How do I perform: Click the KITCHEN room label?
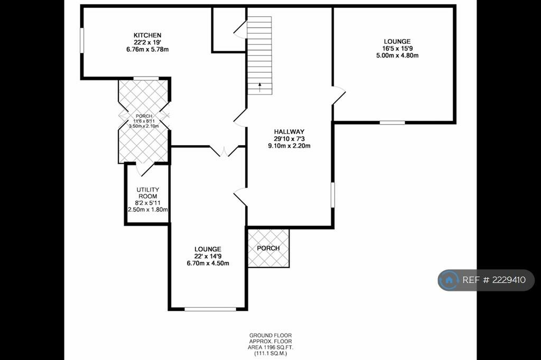pyautogui.click(x=147, y=35)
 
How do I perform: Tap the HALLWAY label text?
pyautogui.click(x=289, y=131)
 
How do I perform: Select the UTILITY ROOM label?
pyautogui.click(x=147, y=193)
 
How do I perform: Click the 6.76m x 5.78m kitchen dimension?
pyautogui.click(x=147, y=50)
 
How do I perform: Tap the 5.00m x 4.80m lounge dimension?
pyautogui.click(x=397, y=55)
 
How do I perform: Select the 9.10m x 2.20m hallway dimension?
pyautogui.click(x=289, y=146)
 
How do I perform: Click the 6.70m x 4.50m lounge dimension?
pyautogui.click(x=208, y=263)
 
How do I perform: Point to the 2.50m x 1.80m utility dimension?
pyautogui.click(x=148, y=210)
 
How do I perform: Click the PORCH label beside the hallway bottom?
pyautogui.click(x=268, y=248)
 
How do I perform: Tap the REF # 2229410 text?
pyautogui.click(x=494, y=280)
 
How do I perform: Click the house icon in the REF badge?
pyautogui.click(x=450, y=280)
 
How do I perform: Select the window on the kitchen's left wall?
pyautogui.click(x=82, y=40)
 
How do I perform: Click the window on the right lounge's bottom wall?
pyautogui.click(x=392, y=122)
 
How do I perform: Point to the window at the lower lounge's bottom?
pyautogui.click(x=210, y=309)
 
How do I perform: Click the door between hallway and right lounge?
pyautogui.click(x=338, y=94)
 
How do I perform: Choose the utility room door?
pyautogui.click(x=144, y=169)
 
